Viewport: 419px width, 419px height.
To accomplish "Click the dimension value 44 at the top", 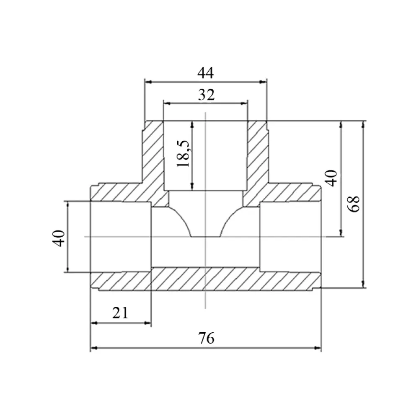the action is tap(205, 73).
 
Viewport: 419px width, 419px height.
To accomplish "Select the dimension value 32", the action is tap(206, 95).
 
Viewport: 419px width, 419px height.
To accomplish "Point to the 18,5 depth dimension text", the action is tap(184, 153).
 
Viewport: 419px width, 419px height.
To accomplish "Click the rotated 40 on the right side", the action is tap(331, 178).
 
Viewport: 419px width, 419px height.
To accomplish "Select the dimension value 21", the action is tap(120, 313).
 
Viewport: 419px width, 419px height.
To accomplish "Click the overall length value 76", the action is tap(206, 338).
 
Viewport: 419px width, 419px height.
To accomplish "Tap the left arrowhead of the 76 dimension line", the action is tap(94, 348).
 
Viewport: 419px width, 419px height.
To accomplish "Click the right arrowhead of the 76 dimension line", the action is tap(318, 348).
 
